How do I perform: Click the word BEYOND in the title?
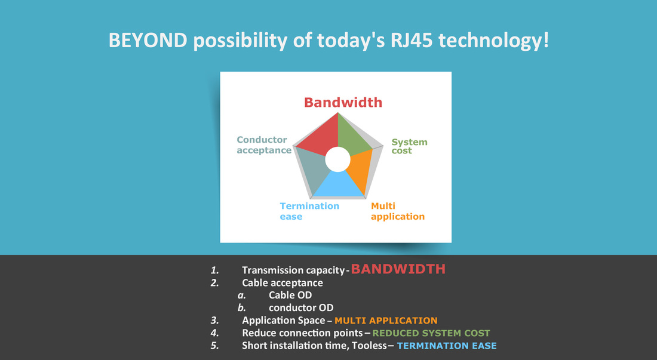coord(148,41)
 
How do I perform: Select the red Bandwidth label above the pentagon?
coord(343,103)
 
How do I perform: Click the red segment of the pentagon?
coord(321,137)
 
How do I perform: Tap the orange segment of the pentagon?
coord(360,171)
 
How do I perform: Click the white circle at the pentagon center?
coord(337,159)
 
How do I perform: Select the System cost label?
coord(409,146)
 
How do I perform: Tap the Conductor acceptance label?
coord(264,145)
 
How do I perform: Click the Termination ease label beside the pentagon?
coord(309,211)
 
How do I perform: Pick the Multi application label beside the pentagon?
coord(398,211)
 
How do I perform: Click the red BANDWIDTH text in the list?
coord(398,269)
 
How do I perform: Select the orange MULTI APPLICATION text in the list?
coord(386,321)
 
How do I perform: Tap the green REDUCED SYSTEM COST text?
coord(431,333)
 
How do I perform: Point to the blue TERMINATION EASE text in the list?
coord(447,346)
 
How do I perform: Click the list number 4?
coord(214,333)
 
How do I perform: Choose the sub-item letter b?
coord(242,307)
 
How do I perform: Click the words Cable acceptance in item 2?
coord(283,283)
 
